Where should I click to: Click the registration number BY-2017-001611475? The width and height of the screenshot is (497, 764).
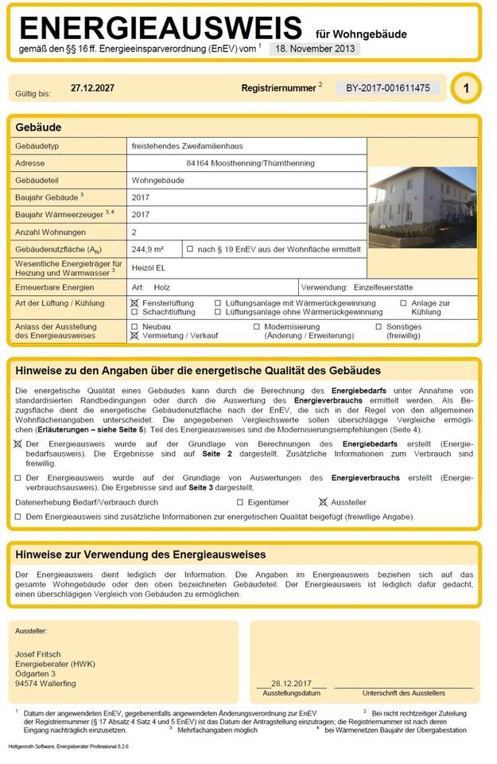coord(387,88)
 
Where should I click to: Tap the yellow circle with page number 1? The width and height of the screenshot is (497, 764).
coord(465,88)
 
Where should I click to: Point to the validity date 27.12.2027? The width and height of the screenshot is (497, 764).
coord(92,88)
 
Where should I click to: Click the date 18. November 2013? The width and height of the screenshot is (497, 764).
coord(314,48)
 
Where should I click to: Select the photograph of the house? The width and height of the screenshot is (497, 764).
coord(422,207)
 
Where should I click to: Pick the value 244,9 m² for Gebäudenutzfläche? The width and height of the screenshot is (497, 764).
coord(147,250)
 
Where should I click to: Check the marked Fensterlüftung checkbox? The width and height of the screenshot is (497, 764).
coord(134,303)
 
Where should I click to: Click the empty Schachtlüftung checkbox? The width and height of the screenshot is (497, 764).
coord(134,313)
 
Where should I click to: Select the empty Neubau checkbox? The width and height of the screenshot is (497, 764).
coord(134,327)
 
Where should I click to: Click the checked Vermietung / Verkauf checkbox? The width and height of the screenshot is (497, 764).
coord(134,337)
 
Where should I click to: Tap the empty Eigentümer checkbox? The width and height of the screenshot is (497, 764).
coord(240,502)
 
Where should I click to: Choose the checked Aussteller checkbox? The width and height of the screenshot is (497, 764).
coord(323,502)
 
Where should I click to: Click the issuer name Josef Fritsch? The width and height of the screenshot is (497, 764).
coord(37,654)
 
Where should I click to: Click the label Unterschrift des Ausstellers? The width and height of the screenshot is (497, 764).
coord(402,693)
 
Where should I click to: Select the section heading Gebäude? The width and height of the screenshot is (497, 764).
coord(38,127)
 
